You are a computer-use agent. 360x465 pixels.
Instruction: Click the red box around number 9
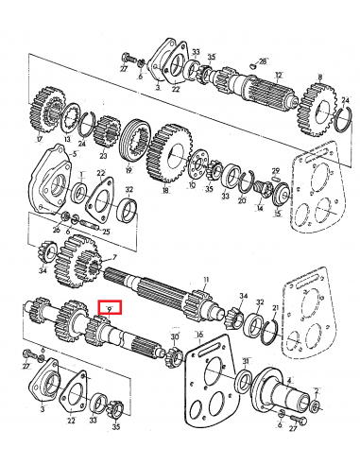(111, 307)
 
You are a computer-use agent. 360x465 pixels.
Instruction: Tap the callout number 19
(128, 174)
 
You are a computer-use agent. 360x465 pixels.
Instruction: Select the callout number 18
(166, 189)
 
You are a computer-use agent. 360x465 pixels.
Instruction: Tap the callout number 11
(201, 280)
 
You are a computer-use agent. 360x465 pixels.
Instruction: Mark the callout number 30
(174, 336)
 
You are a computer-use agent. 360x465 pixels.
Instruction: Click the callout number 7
(114, 258)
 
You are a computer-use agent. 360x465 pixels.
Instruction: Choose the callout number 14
(259, 208)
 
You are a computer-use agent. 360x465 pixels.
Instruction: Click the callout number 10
(192, 185)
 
